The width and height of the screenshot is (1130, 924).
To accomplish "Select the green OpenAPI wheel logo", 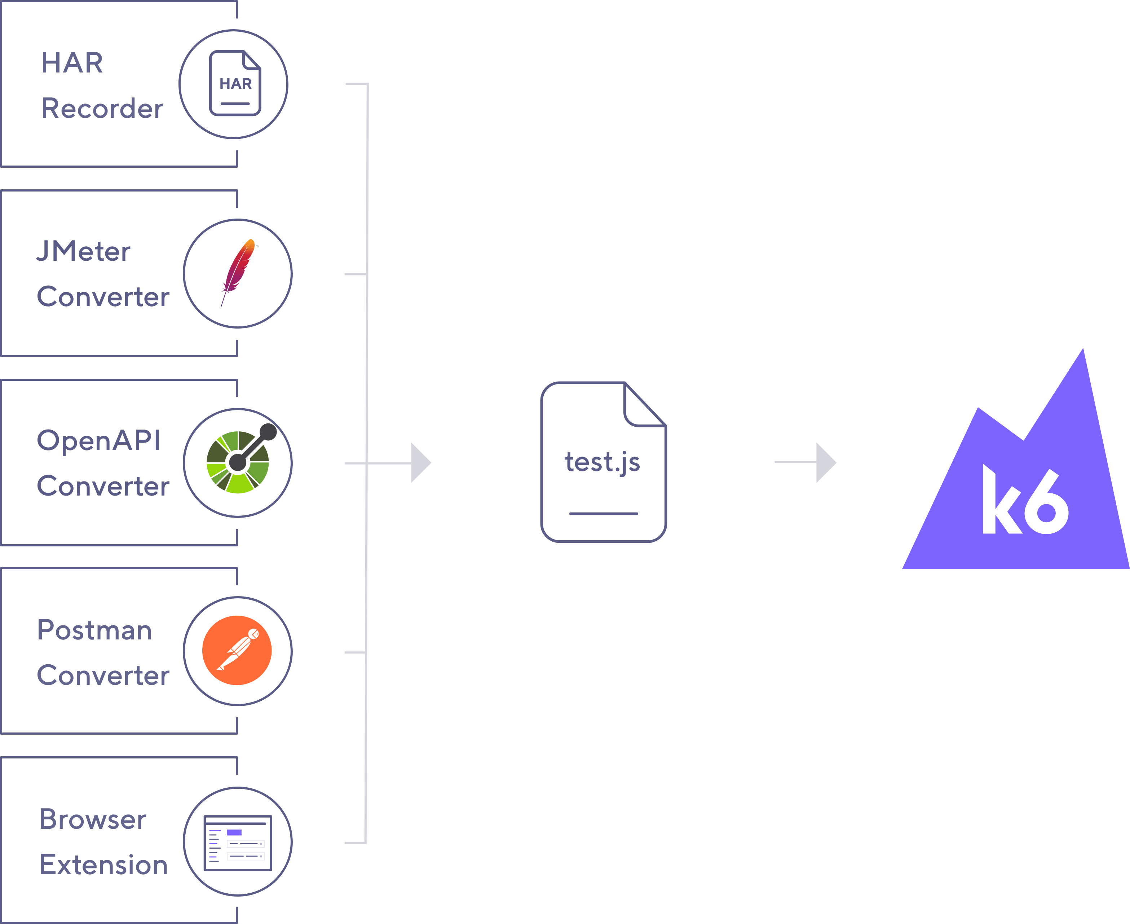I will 238,462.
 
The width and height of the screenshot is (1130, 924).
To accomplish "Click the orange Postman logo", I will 237,650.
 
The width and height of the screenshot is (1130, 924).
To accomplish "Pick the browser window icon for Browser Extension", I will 238,842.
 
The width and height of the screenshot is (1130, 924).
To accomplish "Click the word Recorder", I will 102,109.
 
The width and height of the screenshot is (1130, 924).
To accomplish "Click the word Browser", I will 93,819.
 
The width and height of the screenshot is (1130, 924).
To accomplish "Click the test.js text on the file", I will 602,462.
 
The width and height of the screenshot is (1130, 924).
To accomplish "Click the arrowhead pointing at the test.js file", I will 420,462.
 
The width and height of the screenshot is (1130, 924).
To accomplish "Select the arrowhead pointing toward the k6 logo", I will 826,462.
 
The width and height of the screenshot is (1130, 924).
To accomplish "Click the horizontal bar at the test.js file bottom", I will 603,514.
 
